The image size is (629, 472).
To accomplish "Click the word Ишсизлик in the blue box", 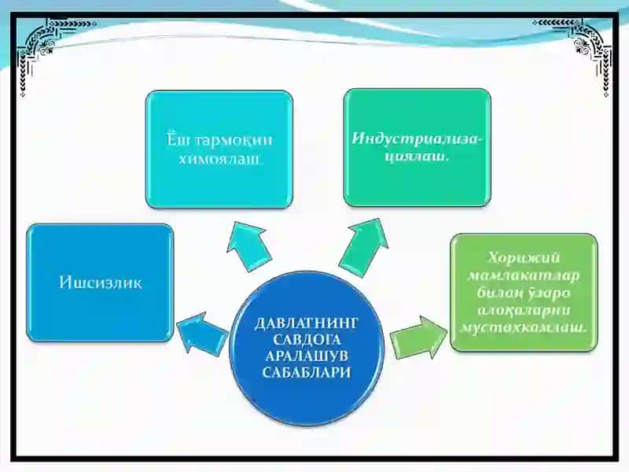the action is point(101,282).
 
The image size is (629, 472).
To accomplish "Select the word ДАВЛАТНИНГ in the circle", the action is point(306,323).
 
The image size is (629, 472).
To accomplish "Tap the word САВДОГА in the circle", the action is point(307,340).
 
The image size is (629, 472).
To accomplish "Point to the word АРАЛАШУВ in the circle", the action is point(307,356).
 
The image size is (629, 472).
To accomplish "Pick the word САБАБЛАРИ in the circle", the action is point(307,372).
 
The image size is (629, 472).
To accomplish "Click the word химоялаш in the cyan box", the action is point(219,159).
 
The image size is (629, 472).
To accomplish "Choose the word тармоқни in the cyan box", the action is point(234,141).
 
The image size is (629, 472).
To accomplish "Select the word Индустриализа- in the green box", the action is point(417,139).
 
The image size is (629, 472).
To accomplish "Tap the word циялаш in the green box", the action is point(415,157).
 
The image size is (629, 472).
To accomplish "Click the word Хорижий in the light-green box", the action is point(524,258).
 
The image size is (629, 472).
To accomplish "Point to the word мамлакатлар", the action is point(524,276).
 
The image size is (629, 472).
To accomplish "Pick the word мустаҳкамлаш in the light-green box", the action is point(523,327).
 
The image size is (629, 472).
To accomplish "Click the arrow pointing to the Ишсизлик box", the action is point(202,334).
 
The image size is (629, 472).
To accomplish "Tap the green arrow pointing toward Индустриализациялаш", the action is point(365,247).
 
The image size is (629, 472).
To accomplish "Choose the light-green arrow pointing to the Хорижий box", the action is point(418,337).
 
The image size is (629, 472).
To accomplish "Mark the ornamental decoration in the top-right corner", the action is point(578,52).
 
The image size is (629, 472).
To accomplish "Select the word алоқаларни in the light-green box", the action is point(524,310).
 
